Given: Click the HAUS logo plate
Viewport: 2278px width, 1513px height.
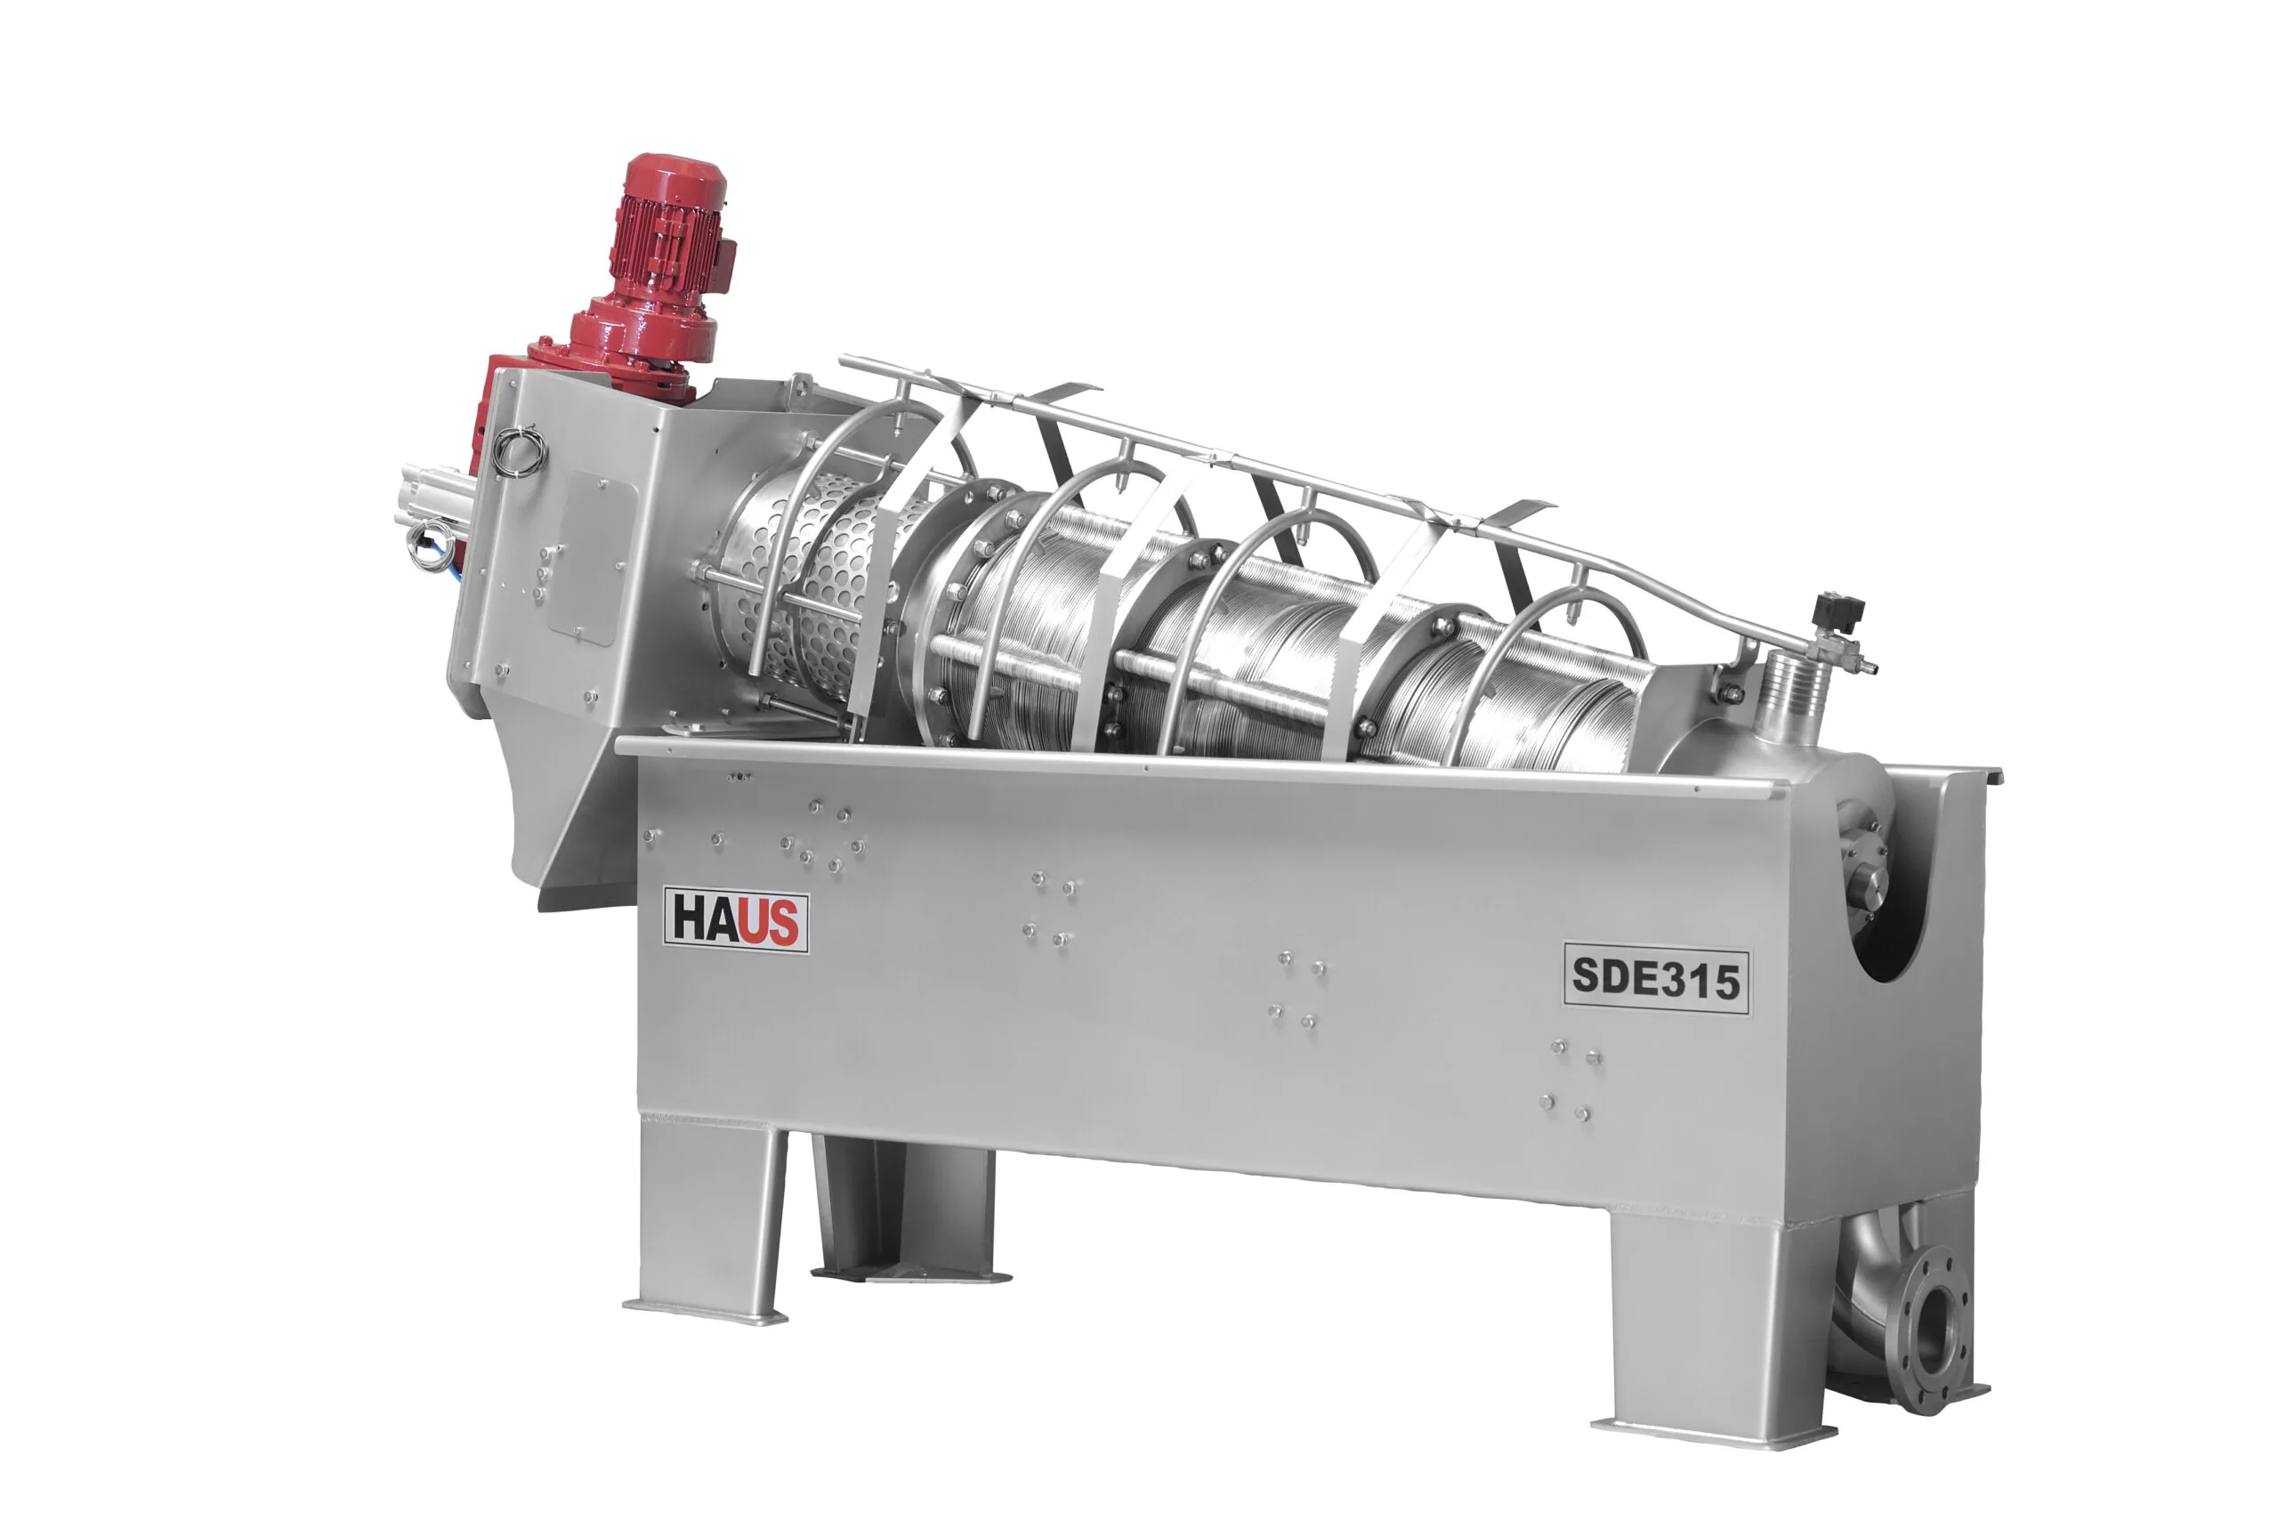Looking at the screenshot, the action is pyautogui.click(x=735, y=920).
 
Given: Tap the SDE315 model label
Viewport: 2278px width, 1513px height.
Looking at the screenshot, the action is pyautogui.click(x=1656, y=978).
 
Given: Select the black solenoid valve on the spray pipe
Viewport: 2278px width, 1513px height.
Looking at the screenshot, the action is pyautogui.click(x=1838, y=615).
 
